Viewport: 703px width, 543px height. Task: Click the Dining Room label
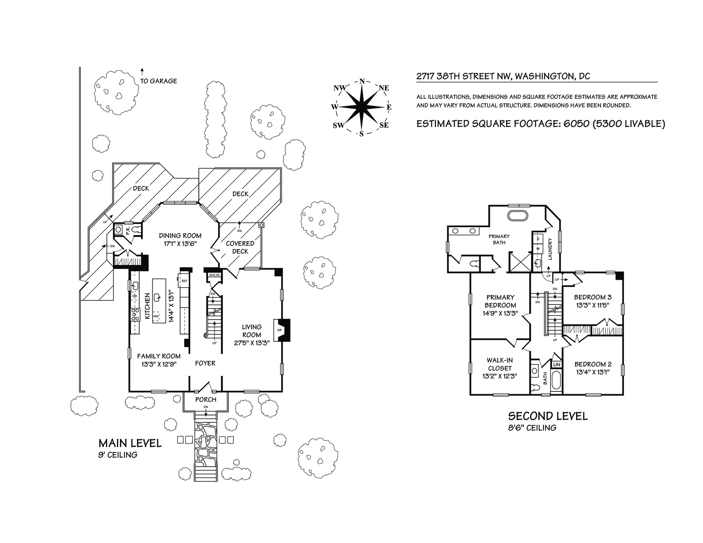pyautogui.click(x=180, y=236)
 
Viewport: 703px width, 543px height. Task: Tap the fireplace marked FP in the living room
pyautogui.click(x=280, y=329)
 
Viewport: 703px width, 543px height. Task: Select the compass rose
pyautogui.click(x=362, y=107)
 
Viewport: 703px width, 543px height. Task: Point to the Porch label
pyautogui.click(x=206, y=399)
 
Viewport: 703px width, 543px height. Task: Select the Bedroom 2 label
pyautogui.click(x=593, y=364)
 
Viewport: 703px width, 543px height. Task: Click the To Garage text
pyautogui.click(x=158, y=81)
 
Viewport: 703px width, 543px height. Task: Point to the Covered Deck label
pyautogui.click(x=240, y=247)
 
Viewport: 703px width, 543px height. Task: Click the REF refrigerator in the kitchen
pyautogui.click(x=184, y=280)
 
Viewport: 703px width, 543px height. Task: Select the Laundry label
pyautogui.click(x=550, y=248)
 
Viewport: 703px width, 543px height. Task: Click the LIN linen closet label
pyautogui.click(x=556, y=365)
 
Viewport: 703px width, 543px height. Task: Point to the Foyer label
pyautogui.click(x=205, y=363)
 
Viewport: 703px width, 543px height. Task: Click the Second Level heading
pyautogui.click(x=547, y=416)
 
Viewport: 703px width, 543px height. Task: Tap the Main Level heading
pyautogui.click(x=130, y=443)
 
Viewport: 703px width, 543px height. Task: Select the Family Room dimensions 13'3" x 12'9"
pyautogui.click(x=159, y=363)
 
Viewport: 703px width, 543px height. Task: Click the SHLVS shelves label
pyautogui.click(x=214, y=275)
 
